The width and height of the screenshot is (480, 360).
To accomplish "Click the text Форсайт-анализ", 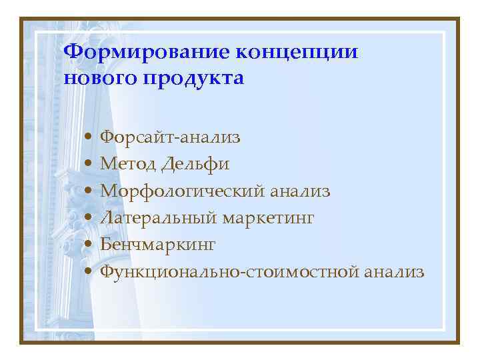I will [171, 138].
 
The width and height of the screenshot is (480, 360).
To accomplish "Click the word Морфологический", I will [181, 191].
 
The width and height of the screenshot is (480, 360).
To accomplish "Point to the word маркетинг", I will [267, 219].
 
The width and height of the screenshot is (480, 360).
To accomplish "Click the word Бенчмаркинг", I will [158, 245].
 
